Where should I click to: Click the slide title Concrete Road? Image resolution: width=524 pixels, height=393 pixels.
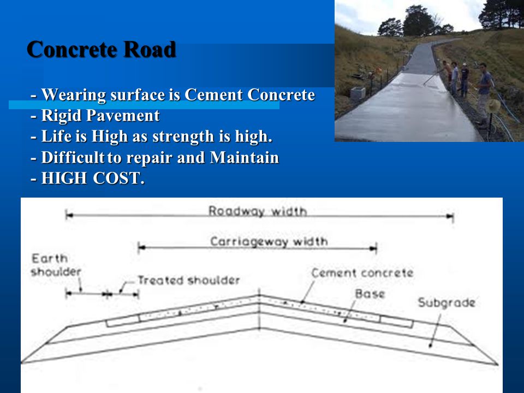tap(102, 50)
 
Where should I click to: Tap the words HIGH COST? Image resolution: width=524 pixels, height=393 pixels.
tap(93, 178)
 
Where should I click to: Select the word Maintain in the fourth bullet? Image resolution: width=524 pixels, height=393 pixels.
tap(245, 157)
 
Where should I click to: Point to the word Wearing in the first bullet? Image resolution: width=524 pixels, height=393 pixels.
tap(74, 95)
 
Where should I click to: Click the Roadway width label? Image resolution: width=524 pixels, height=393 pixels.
tap(257, 211)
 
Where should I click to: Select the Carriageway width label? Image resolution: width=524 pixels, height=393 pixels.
tap(269, 241)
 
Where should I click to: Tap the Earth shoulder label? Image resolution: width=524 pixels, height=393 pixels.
tap(56, 265)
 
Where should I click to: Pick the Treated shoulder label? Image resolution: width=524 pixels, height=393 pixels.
tap(188, 280)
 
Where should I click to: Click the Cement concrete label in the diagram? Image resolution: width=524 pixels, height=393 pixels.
tap(362, 273)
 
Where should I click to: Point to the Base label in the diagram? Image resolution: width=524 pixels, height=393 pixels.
tap(370, 294)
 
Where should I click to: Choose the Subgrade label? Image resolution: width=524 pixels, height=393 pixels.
tap(446, 302)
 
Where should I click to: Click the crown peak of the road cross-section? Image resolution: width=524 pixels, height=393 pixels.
tap(259, 295)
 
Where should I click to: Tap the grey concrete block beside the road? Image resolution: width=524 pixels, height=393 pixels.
tap(358, 93)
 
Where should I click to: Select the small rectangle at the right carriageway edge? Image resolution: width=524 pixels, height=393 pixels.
tap(397, 321)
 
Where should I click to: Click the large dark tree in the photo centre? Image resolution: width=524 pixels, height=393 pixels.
tap(419, 21)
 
